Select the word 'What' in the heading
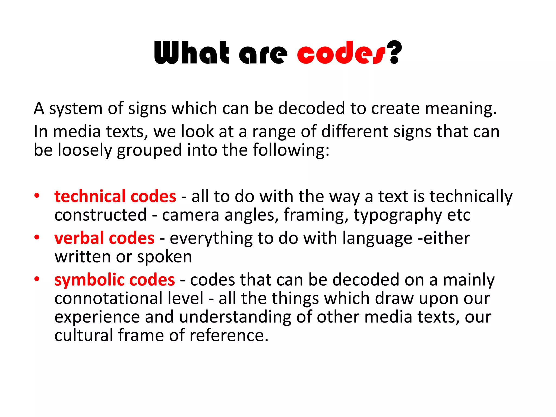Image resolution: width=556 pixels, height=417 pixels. coord(191,53)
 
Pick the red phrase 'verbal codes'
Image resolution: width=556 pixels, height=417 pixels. coord(104,238)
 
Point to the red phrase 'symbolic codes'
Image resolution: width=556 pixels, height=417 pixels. coord(115,280)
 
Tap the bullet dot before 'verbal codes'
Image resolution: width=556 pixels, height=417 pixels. coord(37,237)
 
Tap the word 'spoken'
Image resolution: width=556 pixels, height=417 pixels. coord(165,257)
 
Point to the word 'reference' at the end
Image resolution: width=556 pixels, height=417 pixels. coord(229,335)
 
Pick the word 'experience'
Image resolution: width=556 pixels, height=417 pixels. coord(97,317)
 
